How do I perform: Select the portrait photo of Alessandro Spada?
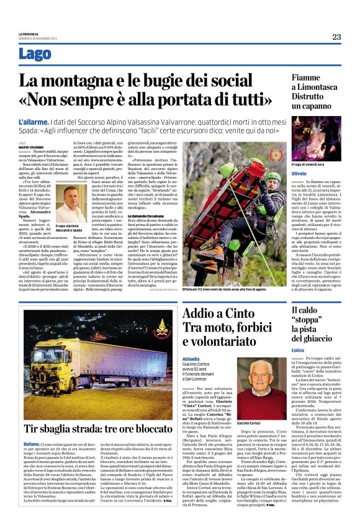click(x=71, y=204)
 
